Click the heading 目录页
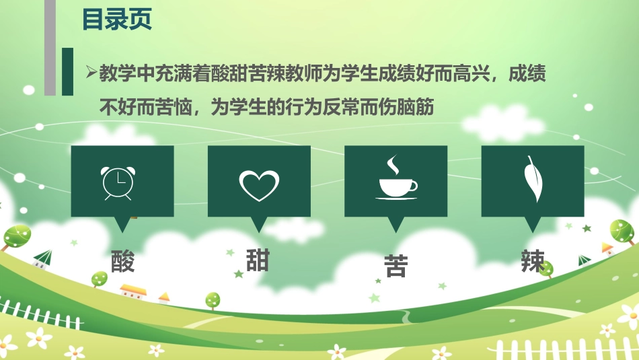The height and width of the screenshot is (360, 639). pyautogui.click(x=117, y=20)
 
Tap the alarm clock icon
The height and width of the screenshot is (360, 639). pyautogui.click(x=118, y=182)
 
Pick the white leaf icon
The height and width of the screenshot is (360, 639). pyautogui.click(x=534, y=180)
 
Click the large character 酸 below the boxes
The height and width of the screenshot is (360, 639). pyautogui.click(x=122, y=260)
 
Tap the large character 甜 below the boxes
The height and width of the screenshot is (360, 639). pyautogui.click(x=258, y=259)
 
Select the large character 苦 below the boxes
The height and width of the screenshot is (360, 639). pyautogui.click(x=396, y=266)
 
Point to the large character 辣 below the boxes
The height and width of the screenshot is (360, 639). pyautogui.click(x=533, y=261)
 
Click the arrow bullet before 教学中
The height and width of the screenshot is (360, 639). pyautogui.click(x=91, y=73)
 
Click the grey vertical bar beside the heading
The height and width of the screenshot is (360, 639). pyautogui.click(x=50, y=47)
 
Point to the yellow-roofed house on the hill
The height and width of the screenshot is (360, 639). pyautogui.click(x=133, y=290)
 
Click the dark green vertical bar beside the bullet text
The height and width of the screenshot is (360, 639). pyautogui.click(x=67, y=72)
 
